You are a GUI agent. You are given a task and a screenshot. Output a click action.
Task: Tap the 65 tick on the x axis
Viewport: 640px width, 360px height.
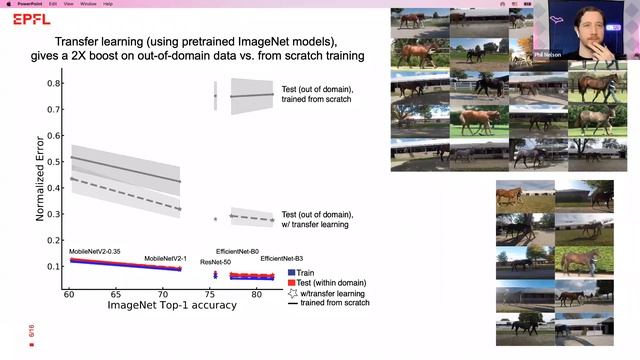(x=117, y=296)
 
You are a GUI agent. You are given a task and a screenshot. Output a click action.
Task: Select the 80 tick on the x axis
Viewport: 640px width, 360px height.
(x=256, y=296)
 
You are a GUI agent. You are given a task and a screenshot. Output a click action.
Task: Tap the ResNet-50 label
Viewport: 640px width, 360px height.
(x=216, y=262)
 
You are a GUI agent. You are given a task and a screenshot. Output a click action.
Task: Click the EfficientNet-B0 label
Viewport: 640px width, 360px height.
(x=238, y=252)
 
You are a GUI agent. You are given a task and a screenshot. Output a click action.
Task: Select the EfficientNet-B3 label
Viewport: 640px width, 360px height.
(x=282, y=259)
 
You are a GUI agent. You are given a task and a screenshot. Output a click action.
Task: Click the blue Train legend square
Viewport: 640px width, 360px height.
(x=291, y=272)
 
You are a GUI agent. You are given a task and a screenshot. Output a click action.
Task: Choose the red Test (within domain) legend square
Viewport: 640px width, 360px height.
(x=291, y=282)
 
